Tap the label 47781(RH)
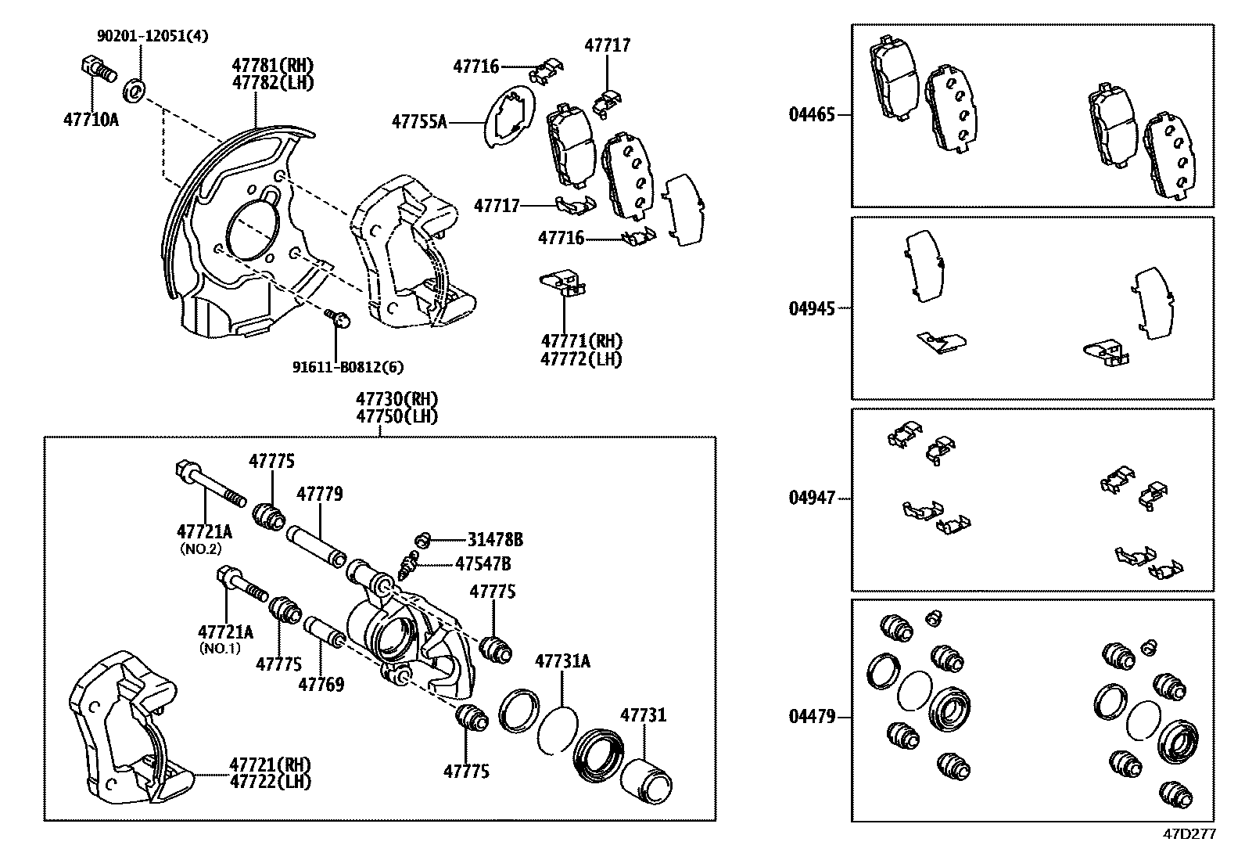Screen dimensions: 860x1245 (x=272, y=65)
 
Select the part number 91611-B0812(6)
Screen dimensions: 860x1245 (x=349, y=366)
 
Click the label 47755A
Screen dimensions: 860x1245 (x=419, y=121)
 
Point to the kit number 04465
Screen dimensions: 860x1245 (x=812, y=115)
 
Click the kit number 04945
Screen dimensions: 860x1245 (x=812, y=308)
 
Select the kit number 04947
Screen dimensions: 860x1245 (x=812, y=498)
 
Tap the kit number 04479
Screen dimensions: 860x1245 (x=812, y=716)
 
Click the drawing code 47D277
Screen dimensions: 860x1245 (x=1189, y=834)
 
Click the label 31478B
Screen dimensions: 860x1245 (x=495, y=539)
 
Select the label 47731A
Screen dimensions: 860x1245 (x=562, y=661)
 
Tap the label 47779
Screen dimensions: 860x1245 (x=319, y=495)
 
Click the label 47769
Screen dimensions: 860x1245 (x=321, y=685)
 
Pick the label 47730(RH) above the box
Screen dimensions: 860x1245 (x=396, y=399)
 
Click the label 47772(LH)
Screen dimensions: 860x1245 (x=581, y=359)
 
